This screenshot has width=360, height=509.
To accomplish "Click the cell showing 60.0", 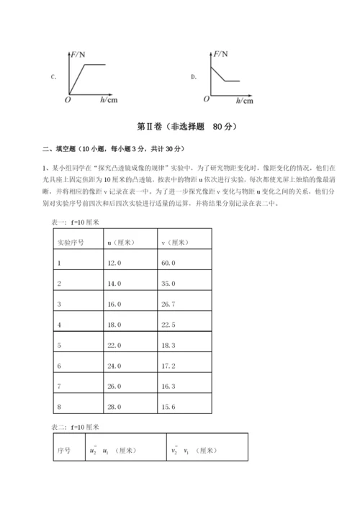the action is click(x=169, y=263).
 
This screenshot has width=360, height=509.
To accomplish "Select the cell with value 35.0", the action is click(x=169, y=284).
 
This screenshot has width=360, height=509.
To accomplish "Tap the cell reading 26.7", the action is click(x=169, y=305).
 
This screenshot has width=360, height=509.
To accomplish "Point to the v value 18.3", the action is click(x=169, y=346).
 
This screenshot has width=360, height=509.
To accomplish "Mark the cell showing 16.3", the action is click(x=169, y=387).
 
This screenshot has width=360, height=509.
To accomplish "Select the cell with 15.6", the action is click(x=169, y=407).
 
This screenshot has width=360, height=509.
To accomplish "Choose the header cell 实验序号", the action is click(x=71, y=243).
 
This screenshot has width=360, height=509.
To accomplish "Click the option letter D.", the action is click(x=194, y=76).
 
